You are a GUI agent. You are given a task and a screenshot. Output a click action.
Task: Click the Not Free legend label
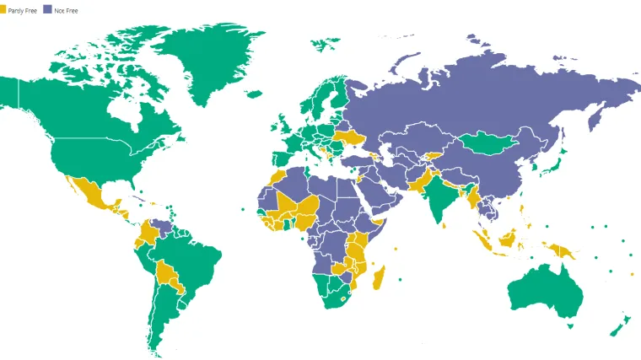pyautogui.click(x=66, y=10)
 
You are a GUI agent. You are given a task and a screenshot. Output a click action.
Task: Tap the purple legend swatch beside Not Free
pyautogui.click(x=47, y=10)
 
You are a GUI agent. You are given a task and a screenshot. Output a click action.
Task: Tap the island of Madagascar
pyautogui.click(x=380, y=277)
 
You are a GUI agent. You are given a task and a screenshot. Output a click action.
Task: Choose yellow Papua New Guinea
pyautogui.click(x=560, y=251)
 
